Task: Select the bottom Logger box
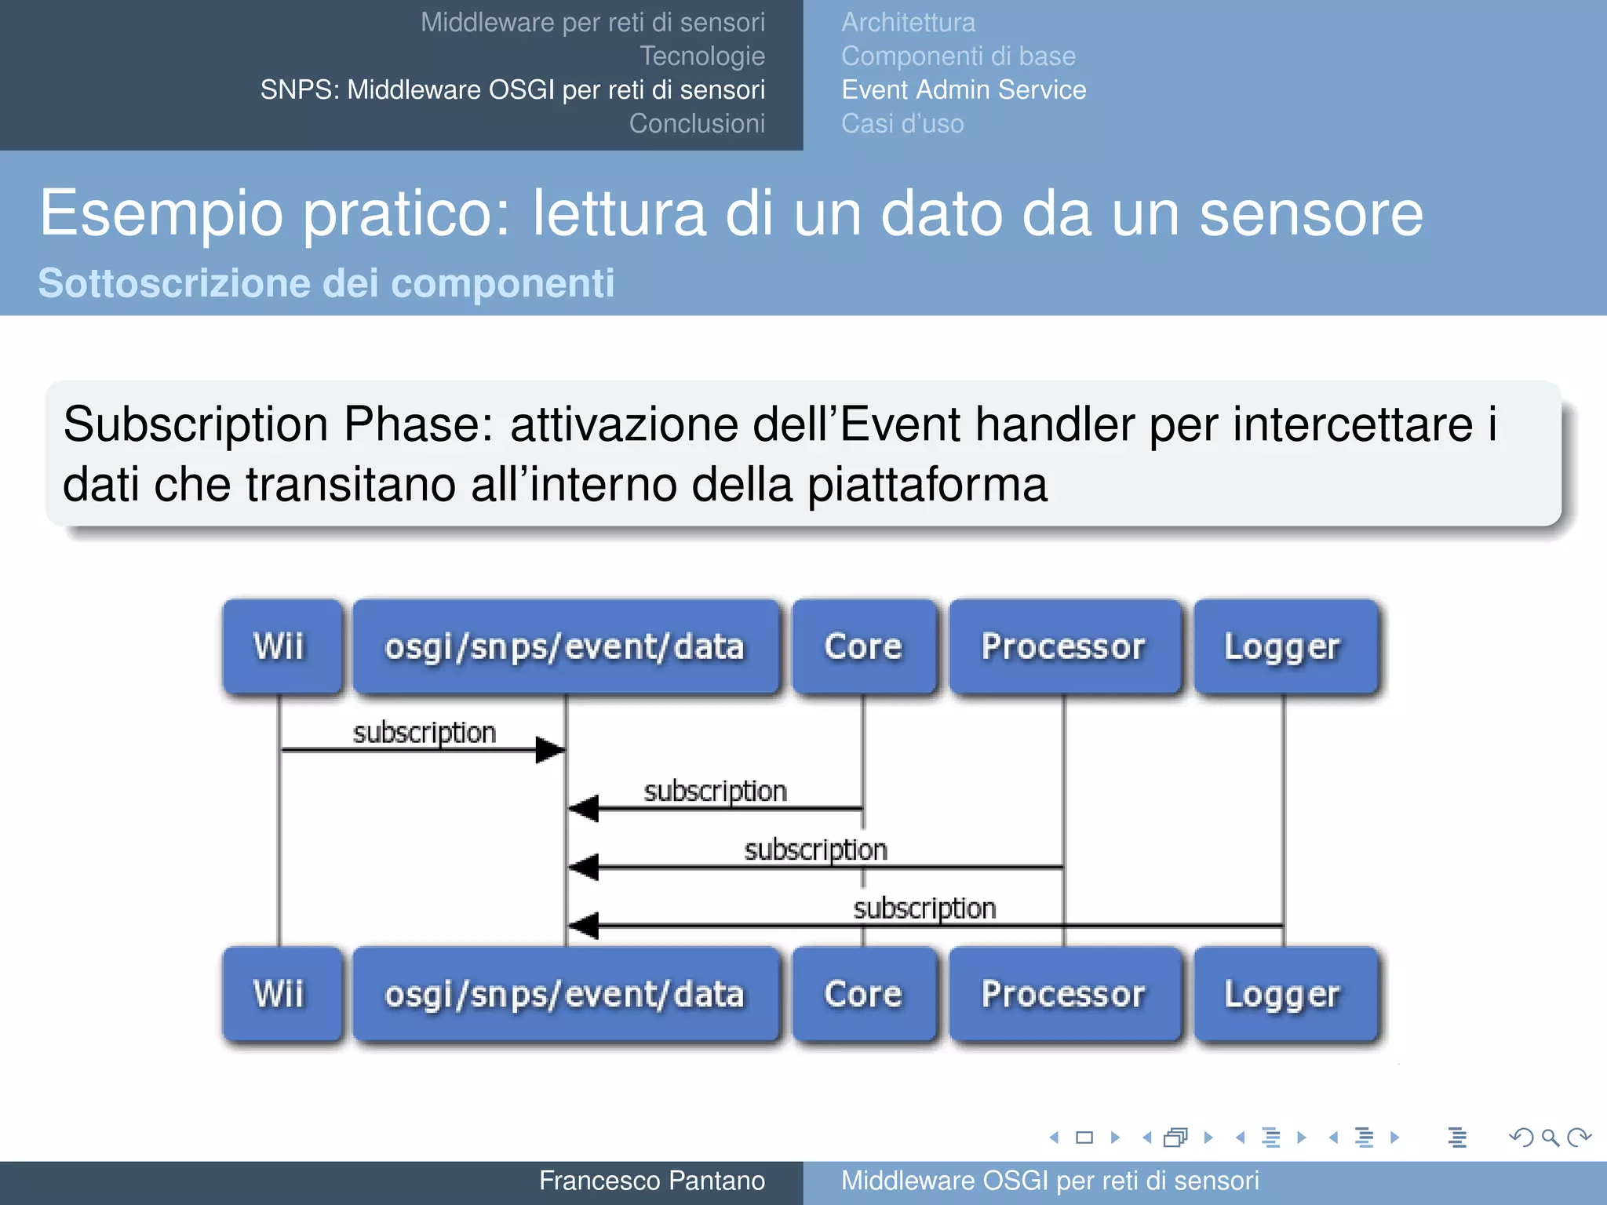tap(1285, 995)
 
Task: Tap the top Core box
tap(864, 647)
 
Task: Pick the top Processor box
tap(1064, 647)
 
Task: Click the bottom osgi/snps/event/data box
tap(565, 995)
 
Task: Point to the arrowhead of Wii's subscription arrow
tap(552, 750)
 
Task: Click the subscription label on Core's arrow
tap(715, 791)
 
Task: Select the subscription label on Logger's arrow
tap(924, 908)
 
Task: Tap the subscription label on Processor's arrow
tap(815, 850)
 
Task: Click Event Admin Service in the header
tap(964, 90)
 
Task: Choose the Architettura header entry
tap(908, 23)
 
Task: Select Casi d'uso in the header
tap(902, 124)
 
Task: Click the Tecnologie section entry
tap(701, 56)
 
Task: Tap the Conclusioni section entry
tap(697, 124)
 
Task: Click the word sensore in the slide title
tap(1310, 213)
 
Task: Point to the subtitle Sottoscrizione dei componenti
tap(326, 283)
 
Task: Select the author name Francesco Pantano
tap(651, 1181)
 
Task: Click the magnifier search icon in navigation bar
tap(1549, 1138)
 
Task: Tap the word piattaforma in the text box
tap(927, 485)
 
